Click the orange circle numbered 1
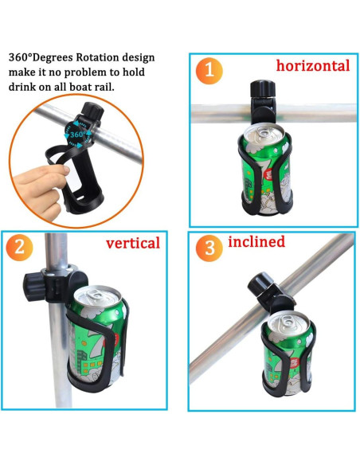[x=209, y=71]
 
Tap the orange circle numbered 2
[x=19, y=248]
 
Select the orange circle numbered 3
[x=209, y=248]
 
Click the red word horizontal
[x=313, y=65]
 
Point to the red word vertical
[x=133, y=243]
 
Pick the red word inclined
[x=256, y=241]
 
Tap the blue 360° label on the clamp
[x=76, y=135]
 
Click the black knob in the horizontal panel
[x=263, y=88]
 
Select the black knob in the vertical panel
[x=34, y=287]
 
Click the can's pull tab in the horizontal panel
[x=263, y=131]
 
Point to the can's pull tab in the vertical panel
[x=96, y=295]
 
